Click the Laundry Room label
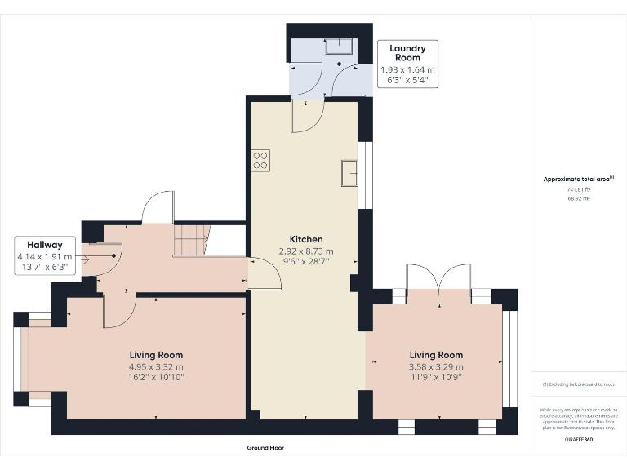(407, 53)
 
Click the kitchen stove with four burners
(261, 160)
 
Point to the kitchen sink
(349, 173)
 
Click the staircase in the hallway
(190, 239)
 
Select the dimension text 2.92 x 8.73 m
(306, 251)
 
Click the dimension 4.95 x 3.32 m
(156, 366)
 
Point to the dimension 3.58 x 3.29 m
(436, 366)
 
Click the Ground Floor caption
(265, 448)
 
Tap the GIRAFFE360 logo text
(579, 439)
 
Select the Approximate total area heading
(577, 179)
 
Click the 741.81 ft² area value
(578, 188)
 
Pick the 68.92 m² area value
(578, 197)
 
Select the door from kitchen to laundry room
(308, 117)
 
